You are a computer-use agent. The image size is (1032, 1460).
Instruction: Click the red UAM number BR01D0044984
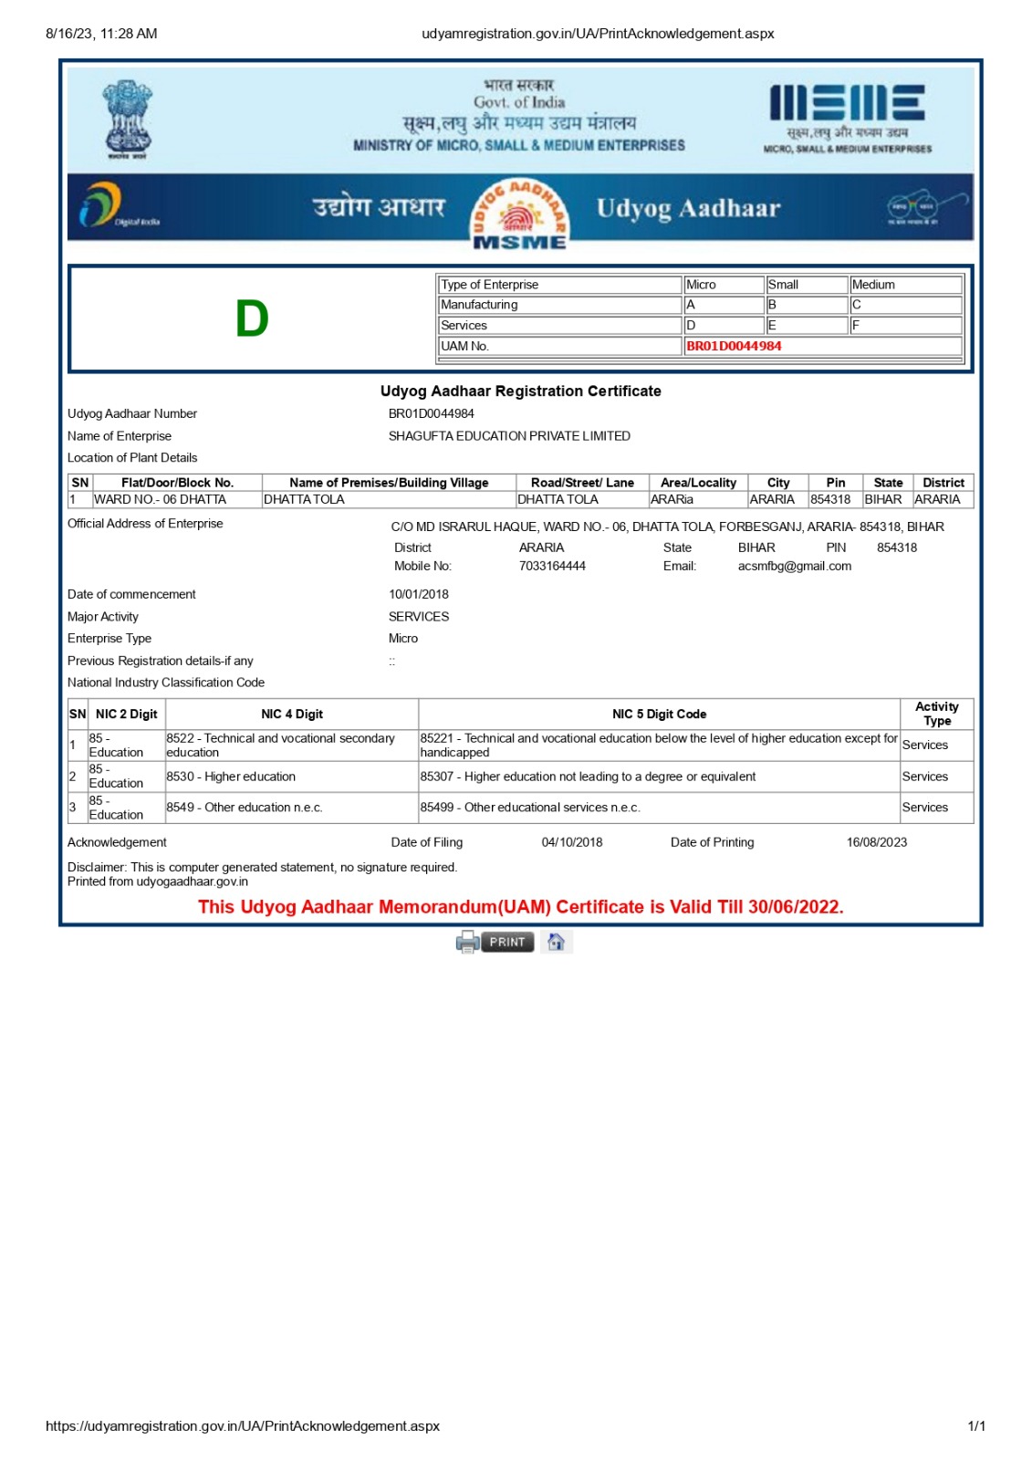[734, 346]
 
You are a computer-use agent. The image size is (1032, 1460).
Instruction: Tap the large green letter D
[252, 319]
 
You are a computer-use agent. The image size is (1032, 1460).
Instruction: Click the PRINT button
[506, 942]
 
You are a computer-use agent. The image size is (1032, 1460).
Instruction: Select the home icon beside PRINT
[556, 942]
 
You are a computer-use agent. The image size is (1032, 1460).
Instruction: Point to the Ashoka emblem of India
[127, 120]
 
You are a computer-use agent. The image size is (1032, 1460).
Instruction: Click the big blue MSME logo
[846, 103]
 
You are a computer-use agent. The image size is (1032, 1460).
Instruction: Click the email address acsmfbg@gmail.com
[794, 566]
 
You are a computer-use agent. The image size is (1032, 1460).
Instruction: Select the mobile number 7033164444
[552, 566]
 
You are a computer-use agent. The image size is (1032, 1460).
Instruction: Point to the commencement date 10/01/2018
[418, 594]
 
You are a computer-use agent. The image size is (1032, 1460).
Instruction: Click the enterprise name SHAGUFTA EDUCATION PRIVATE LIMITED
[509, 436]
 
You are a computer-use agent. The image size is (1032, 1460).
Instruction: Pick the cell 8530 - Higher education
[231, 777]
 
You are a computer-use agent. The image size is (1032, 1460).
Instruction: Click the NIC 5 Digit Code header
[659, 714]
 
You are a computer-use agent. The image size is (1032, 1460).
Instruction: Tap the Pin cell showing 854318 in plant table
[830, 499]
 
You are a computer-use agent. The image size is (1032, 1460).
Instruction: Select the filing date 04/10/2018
[572, 842]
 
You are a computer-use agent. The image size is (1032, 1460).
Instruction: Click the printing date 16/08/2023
[876, 842]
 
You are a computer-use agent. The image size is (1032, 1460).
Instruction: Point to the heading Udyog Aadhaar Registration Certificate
[520, 391]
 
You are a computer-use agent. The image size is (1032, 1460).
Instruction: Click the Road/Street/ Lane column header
[582, 483]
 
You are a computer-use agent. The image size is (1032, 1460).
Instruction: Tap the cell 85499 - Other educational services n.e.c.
[530, 808]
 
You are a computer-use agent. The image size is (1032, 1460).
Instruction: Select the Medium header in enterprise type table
[873, 285]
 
